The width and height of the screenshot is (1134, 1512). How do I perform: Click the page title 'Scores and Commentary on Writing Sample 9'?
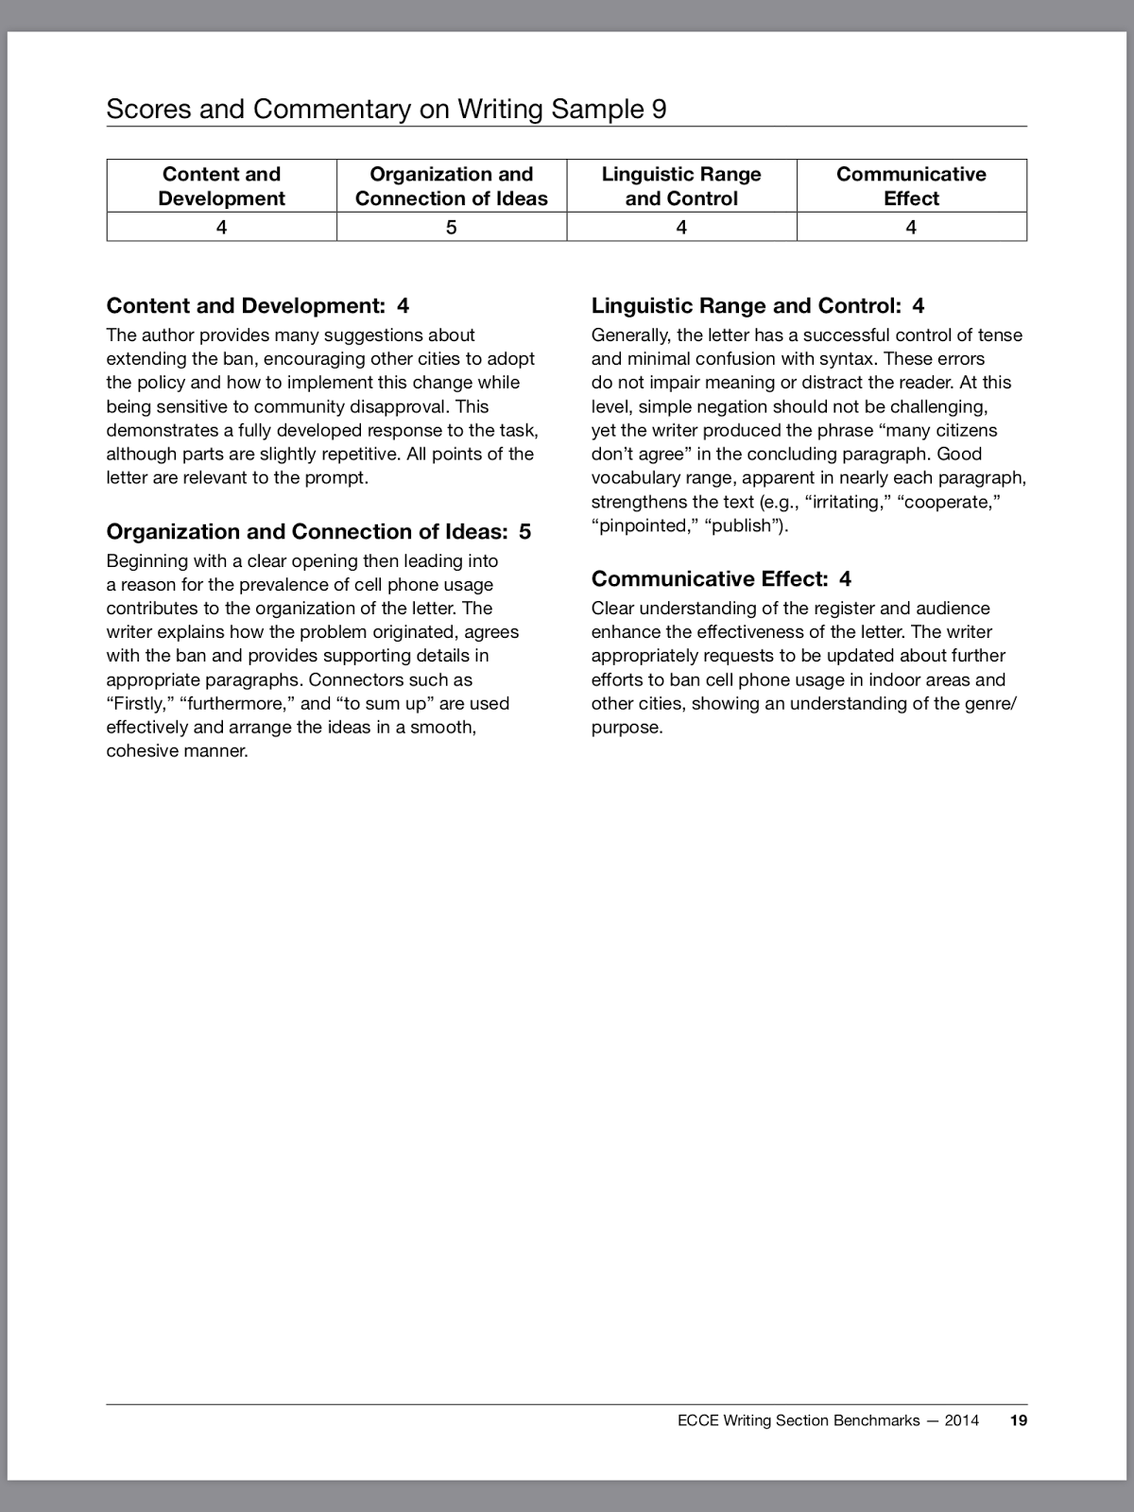[x=386, y=110]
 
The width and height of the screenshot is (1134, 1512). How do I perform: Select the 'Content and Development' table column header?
[x=221, y=186]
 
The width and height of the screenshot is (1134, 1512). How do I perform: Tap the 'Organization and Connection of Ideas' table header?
[x=451, y=186]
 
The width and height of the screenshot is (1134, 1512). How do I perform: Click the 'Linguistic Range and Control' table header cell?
[x=681, y=186]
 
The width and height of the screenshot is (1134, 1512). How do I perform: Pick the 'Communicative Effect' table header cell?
[x=911, y=186]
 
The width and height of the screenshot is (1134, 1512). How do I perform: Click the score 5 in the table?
[x=451, y=228]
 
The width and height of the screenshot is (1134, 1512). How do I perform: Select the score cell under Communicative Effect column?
[x=911, y=228]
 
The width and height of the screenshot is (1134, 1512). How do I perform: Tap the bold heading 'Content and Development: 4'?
[x=257, y=306]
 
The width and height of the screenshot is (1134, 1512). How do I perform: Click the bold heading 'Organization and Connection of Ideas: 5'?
[x=318, y=532]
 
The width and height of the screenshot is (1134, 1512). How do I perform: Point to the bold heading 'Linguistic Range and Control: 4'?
[x=757, y=306]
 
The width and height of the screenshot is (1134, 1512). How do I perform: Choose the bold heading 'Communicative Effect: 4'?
[x=721, y=579]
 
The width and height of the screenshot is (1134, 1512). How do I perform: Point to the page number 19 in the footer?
[x=1018, y=1420]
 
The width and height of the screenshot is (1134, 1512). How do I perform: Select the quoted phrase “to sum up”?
[x=386, y=704]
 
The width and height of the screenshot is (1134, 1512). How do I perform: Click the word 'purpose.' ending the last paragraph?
[x=627, y=728]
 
